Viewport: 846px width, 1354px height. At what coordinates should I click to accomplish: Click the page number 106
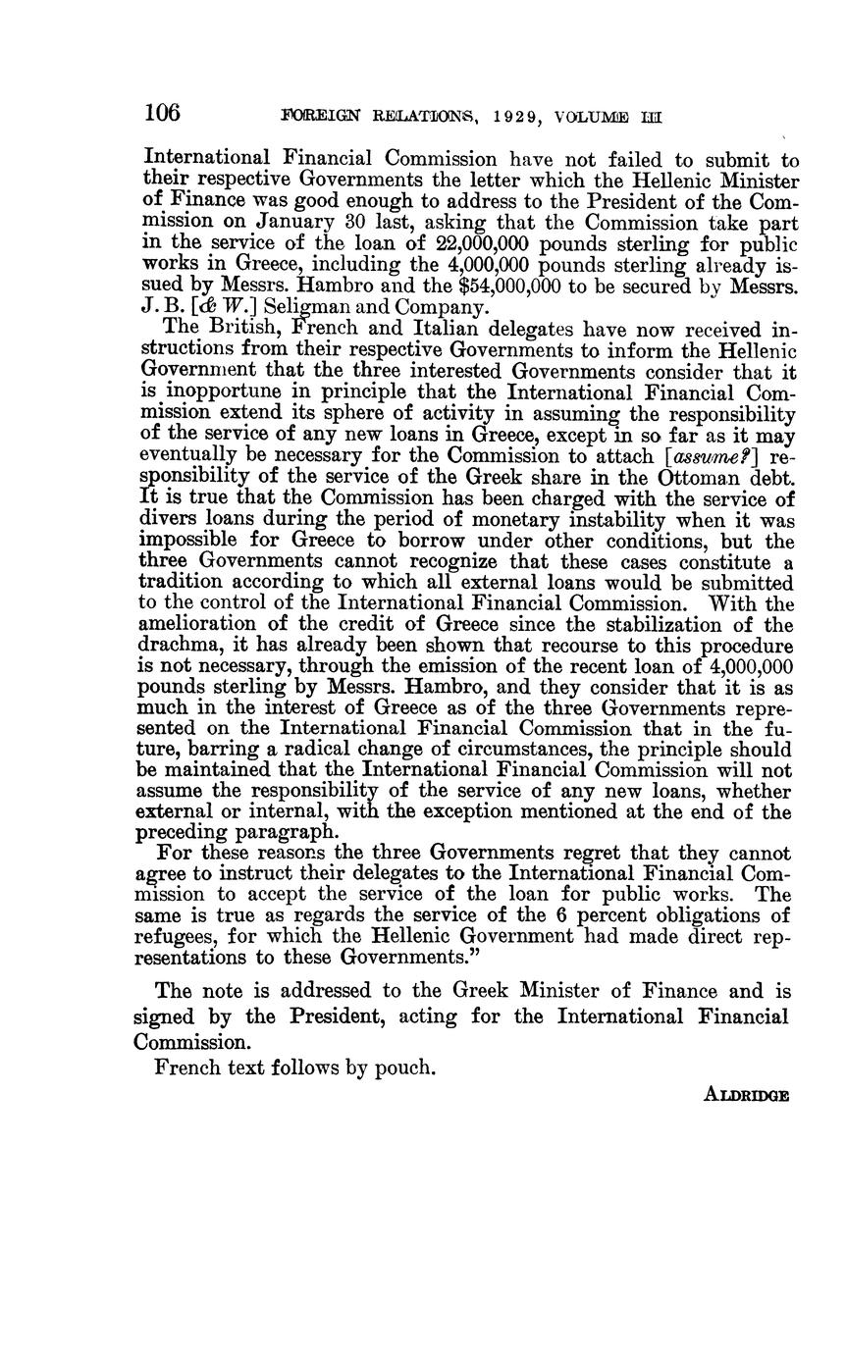[x=162, y=113]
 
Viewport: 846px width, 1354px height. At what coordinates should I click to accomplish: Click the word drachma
[x=182, y=648]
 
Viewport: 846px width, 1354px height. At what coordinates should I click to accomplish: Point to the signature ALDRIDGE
[x=747, y=1095]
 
